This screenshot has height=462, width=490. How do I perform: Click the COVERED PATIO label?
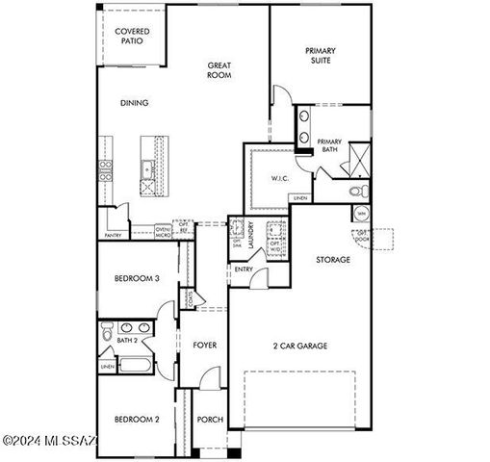(x=132, y=37)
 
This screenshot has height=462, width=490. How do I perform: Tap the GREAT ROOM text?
(x=219, y=72)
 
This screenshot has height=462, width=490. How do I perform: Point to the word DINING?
(x=134, y=103)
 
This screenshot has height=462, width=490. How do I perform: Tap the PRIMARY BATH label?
(x=330, y=145)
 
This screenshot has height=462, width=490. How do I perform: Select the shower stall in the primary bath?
(x=359, y=157)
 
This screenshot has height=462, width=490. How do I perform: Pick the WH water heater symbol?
(x=360, y=215)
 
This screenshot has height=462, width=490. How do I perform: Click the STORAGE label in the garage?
(x=333, y=260)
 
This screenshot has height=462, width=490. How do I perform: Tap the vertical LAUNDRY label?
(x=250, y=237)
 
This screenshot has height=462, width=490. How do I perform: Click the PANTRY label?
(x=113, y=234)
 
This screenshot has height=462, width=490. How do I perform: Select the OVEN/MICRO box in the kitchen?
(x=163, y=231)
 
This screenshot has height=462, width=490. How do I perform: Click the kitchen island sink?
(x=147, y=171)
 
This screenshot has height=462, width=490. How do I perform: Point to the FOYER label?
(x=204, y=345)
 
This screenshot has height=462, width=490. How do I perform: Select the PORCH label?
(x=210, y=420)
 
